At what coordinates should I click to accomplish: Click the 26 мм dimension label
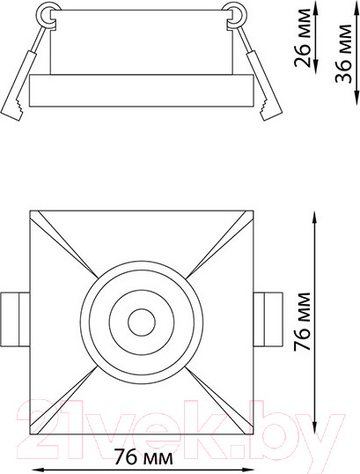click(x=302, y=38)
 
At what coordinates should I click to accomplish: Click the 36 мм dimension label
click(x=344, y=54)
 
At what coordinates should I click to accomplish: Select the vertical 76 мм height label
click(x=302, y=321)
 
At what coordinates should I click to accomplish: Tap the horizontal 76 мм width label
click(x=143, y=456)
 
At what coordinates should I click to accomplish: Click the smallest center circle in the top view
click(x=142, y=322)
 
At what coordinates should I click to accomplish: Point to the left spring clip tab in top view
click(x=15, y=319)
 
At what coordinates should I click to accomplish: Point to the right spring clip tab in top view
click(x=268, y=319)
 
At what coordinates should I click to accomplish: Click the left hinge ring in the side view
click(x=45, y=14)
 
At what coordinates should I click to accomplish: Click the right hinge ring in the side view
click(x=237, y=14)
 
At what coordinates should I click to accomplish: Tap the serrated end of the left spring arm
click(x=14, y=109)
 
